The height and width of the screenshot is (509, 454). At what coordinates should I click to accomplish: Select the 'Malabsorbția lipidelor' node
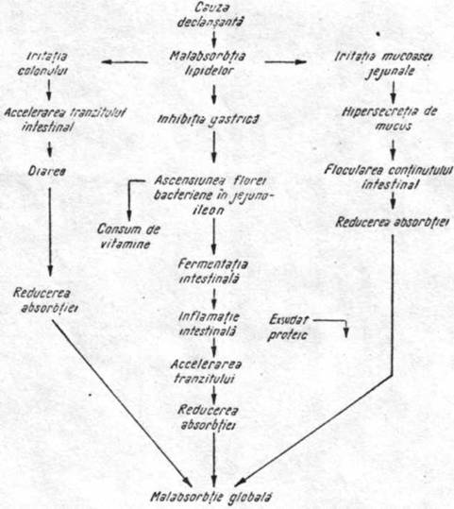pyautogui.click(x=208, y=63)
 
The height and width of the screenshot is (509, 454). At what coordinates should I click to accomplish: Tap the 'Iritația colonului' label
pyautogui.click(x=42, y=63)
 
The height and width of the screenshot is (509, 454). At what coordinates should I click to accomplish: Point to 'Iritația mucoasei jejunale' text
pyautogui.click(x=383, y=64)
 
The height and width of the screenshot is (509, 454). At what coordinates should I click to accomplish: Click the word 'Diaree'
pyautogui.click(x=47, y=171)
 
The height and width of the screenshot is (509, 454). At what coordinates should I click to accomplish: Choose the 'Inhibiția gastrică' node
pyautogui.click(x=208, y=120)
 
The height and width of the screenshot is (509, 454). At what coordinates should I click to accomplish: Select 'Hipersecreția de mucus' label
pyautogui.click(x=390, y=118)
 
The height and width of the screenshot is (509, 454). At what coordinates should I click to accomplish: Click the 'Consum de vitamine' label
pyautogui.click(x=128, y=236)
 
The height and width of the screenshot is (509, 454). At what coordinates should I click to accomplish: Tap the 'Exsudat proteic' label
pyautogui.click(x=288, y=328)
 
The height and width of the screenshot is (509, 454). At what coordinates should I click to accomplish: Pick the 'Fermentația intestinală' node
pyautogui.click(x=212, y=271)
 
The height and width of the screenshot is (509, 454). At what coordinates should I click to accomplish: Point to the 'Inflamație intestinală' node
pyautogui.click(x=209, y=324)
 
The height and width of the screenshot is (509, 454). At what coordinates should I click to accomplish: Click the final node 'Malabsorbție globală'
pyautogui.click(x=211, y=497)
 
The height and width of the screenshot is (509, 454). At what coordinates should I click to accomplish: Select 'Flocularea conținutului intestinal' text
pyautogui.click(x=389, y=178)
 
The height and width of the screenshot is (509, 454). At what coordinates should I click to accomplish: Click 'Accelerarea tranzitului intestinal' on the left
pyautogui.click(x=65, y=119)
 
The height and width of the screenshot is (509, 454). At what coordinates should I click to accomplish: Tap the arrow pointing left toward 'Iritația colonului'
pyautogui.click(x=125, y=62)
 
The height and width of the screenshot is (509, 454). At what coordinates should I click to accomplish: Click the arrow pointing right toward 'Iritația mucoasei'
pyautogui.click(x=286, y=61)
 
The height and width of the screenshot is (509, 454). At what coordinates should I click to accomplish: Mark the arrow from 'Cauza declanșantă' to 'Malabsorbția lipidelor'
pyautogui.click(x=214, y=39)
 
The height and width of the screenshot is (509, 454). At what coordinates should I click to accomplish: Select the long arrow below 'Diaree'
pyautogui.click(x=50, y=231)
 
